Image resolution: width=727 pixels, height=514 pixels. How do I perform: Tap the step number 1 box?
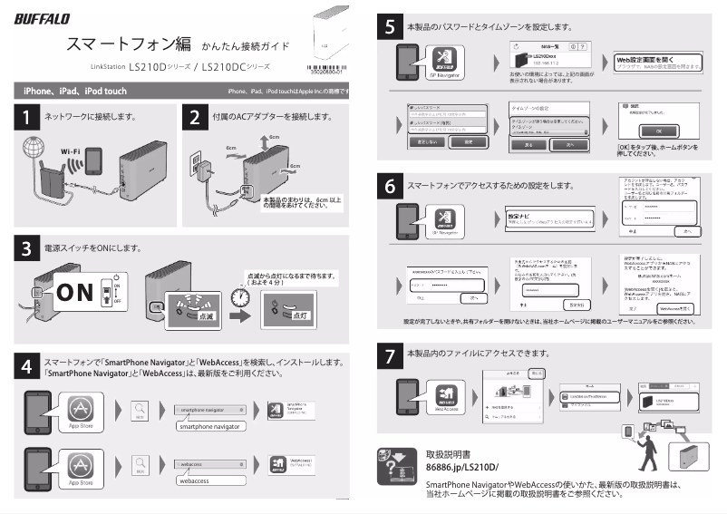click(27, 118)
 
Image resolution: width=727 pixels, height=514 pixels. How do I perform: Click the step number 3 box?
click(27, 247)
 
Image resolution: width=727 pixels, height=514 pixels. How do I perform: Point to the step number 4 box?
click(27, 366)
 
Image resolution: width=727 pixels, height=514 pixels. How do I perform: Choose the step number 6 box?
click(390, 187)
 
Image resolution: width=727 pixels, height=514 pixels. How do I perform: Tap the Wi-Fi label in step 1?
click(72, 150)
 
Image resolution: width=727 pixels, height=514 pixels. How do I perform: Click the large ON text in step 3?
click(82, 293)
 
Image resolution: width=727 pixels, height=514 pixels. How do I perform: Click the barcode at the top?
click(327, 65)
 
